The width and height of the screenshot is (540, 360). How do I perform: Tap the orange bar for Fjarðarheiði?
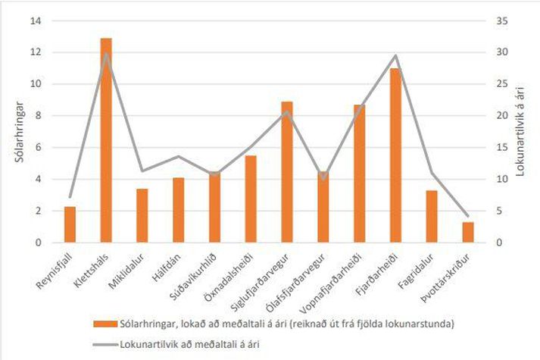395,155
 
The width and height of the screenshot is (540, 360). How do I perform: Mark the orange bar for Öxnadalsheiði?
251,199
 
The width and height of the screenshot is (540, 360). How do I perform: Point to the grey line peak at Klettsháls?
106,54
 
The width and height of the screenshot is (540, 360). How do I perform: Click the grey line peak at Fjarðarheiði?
395,55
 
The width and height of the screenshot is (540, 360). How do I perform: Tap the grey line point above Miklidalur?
142,171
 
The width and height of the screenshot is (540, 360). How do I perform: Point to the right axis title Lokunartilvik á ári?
523,132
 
